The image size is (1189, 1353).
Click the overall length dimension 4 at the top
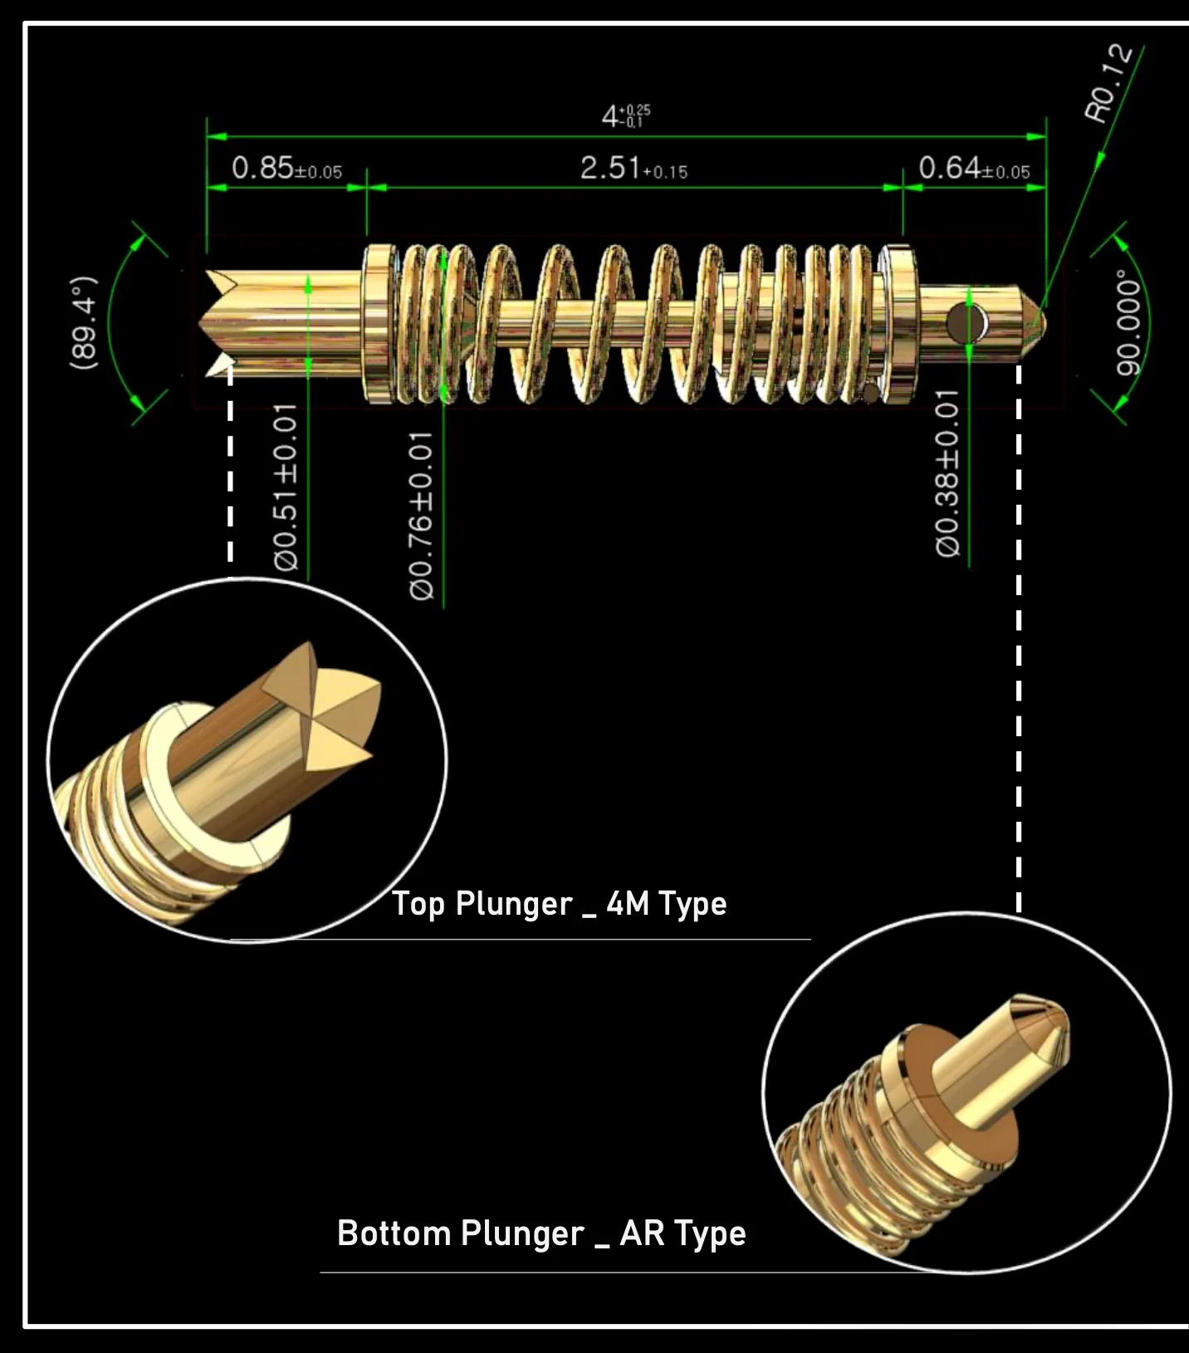click(x=625, y=116)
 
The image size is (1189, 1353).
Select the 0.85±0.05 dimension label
click(x=286, y=169)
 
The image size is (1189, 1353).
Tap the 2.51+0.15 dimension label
click(x=634, y=169)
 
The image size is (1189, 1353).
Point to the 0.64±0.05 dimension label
click(x=974, y=169)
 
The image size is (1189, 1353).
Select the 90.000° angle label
click(x=1128, y=323)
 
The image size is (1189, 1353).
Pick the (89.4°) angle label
click(x=84, y=323)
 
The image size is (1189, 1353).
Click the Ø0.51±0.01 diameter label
click(x=286, y=488)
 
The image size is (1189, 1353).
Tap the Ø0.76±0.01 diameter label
click(x=422, y=515)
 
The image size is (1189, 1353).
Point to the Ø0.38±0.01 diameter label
click(x=947, y=473)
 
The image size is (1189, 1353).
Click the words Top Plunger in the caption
click(x=482, y=904)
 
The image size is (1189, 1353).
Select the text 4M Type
click(x=666, y=904)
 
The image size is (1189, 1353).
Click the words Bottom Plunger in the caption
click(x=460, y=1233)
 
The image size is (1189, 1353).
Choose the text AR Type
click(x=683, y=1233)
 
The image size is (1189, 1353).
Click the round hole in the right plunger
click(x=966, y=323)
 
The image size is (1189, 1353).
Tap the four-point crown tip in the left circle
click(x=324, y=706)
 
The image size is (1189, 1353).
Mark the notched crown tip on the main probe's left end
click(x=218, y=322)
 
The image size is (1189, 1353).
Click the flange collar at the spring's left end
click(x=379, y=324)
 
